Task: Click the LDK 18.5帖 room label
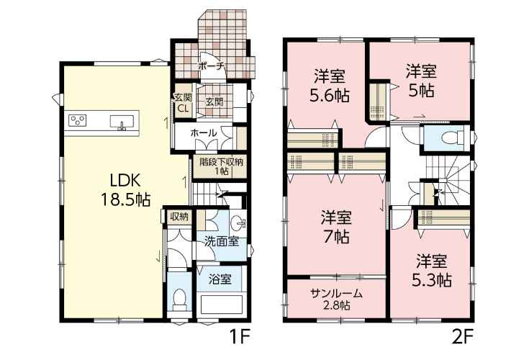pos(125,190)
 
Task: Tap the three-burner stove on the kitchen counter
pos(78,120)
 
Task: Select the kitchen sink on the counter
pos(122,122)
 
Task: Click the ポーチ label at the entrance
pos(211,66)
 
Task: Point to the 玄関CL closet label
pos(184,103)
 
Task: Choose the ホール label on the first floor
pos(204,133)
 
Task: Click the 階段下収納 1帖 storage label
pos(222,166)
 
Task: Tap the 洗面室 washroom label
pos(222,241)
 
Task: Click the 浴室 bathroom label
pos(220,279)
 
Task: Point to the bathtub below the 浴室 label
pos(222,305)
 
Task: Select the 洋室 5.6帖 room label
pos(330,86)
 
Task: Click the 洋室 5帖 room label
pos(421,81)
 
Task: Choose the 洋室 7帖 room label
pos(336,226)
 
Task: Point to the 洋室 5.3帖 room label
pos(432,270)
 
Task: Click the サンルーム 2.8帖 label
pos(336,300)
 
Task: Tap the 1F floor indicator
pos(240,336)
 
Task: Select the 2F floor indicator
pos(463,336)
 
